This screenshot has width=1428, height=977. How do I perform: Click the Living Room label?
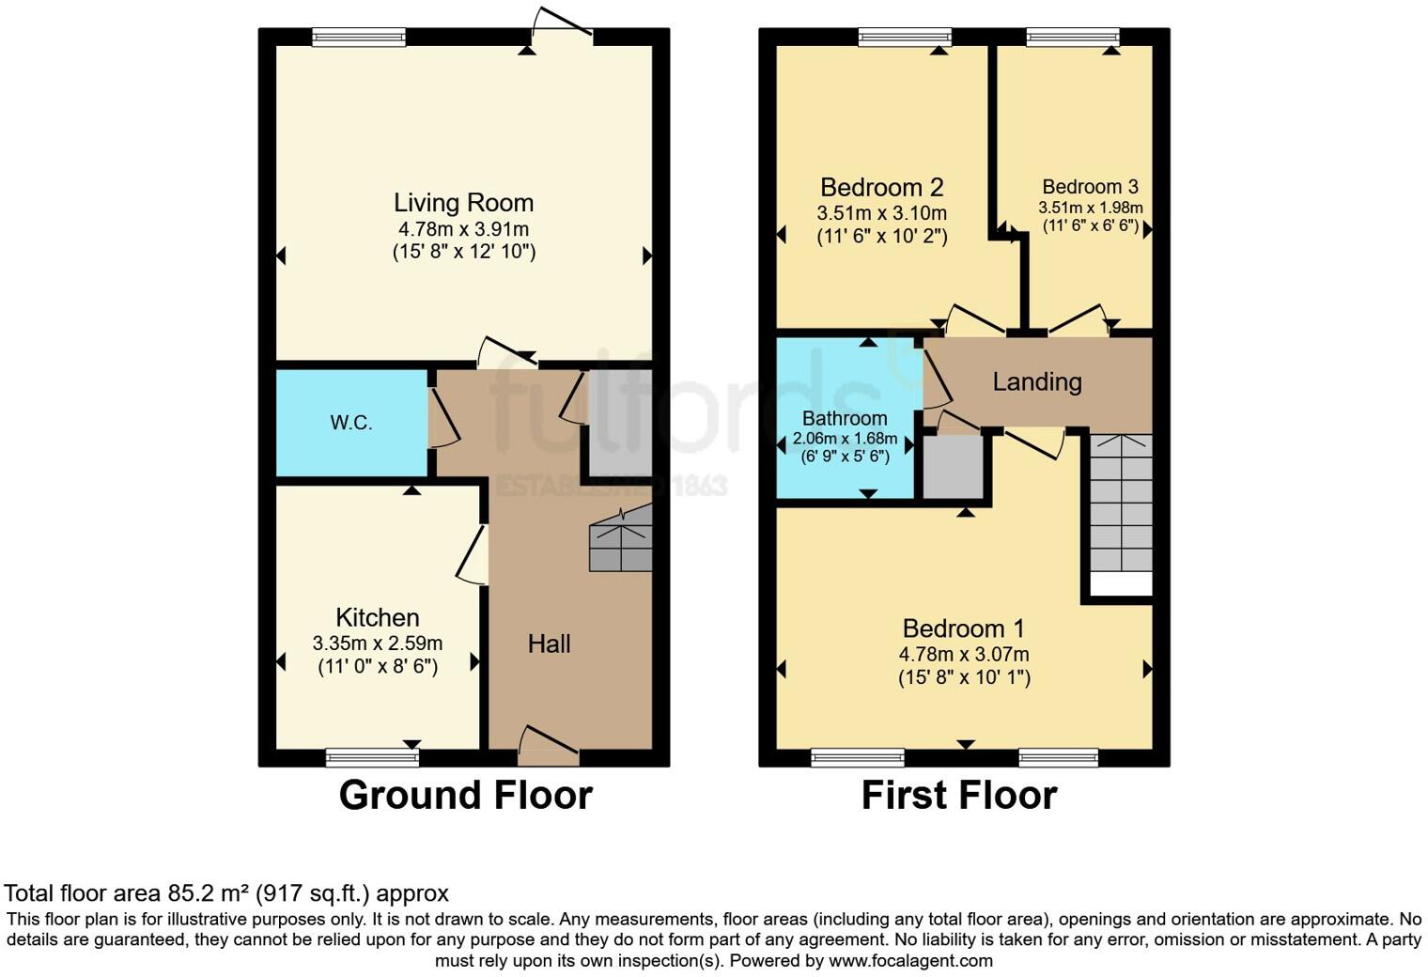(463, 203)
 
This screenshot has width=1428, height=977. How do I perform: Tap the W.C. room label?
(351, 423)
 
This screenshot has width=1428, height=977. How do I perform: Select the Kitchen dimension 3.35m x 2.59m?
(378, 644)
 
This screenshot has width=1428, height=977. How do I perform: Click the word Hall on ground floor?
(549, 644)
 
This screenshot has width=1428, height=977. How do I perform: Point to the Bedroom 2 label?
(881, 187)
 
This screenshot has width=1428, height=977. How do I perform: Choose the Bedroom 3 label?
(1090, 187)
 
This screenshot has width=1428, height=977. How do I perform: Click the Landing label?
(1037, 381)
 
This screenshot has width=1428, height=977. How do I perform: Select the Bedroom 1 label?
(964, 628)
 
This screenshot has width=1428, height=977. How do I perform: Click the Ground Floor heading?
(465, 795)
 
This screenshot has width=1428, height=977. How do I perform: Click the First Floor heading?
(959, 795)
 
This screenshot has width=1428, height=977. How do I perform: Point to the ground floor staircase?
(620, 539)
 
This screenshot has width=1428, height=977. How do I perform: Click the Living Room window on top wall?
(359, 37)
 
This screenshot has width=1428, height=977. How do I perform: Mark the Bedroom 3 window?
(1073, 37)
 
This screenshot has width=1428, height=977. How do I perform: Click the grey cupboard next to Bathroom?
(953, 466)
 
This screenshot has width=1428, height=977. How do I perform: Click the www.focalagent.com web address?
(910, 961)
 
